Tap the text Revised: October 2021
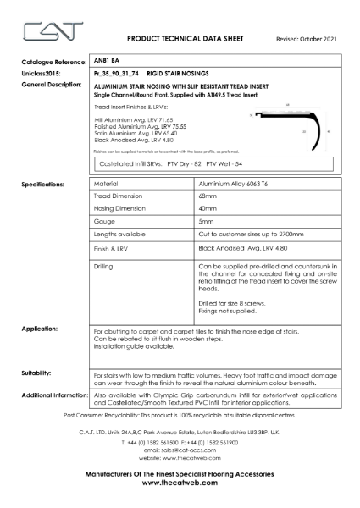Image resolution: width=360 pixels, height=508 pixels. click(x=307, y=40)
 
